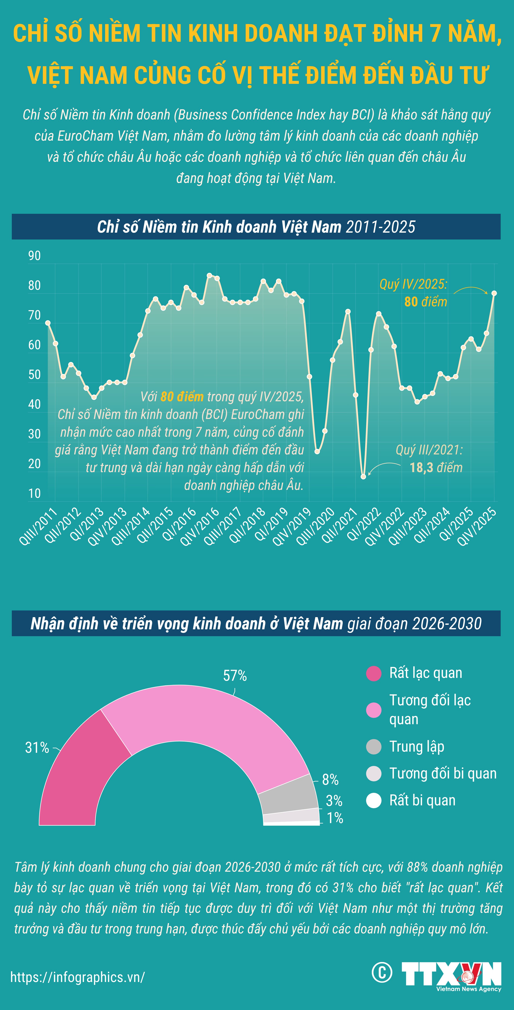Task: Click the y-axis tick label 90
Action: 34,256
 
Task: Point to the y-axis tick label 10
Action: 34,493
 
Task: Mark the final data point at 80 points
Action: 494,293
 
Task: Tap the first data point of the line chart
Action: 48,323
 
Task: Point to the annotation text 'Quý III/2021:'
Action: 429,450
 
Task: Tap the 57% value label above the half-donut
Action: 235,676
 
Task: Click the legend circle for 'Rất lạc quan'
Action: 374,674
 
